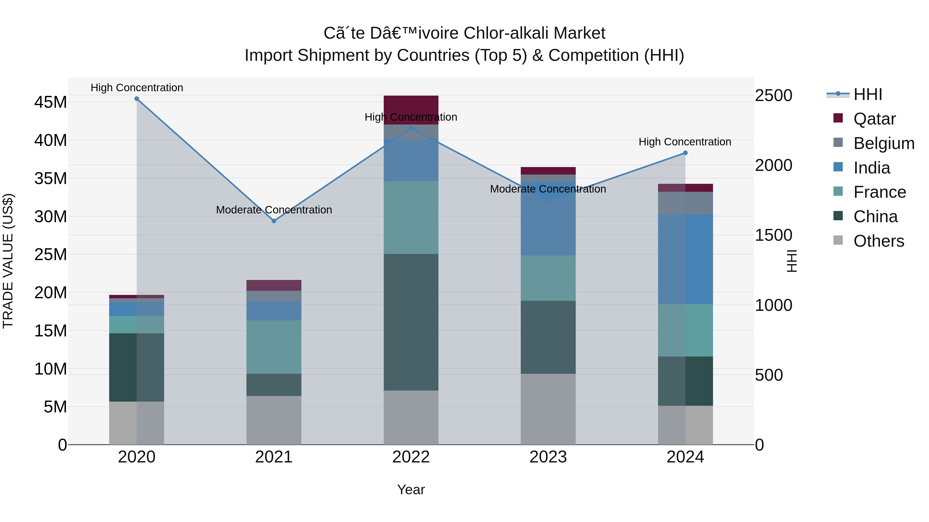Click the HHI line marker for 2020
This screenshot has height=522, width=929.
coord(137,99)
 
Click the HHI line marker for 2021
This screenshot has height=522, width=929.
coord(274,221)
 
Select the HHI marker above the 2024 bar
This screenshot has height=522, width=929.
coord(685,153)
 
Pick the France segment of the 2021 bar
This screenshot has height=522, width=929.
coord(274,347)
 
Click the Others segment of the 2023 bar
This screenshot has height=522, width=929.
coord(548,409)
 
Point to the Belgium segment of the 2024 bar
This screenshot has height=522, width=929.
coord(685,203)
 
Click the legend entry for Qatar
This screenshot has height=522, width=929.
coord(874,119)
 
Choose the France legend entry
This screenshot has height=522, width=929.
coord(879,192)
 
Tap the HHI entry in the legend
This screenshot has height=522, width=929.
coord(867,94)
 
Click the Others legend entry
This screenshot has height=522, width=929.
coord(878,241)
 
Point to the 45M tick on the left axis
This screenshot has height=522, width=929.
coord(51,102)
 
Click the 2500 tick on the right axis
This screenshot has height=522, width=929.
coord(774,95)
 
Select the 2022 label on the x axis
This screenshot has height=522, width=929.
coord(411,457)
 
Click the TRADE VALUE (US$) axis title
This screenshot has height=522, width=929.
coord(8,261)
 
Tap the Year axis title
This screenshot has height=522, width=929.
coord(411,490)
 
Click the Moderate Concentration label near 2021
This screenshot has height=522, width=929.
coord(274,210)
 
